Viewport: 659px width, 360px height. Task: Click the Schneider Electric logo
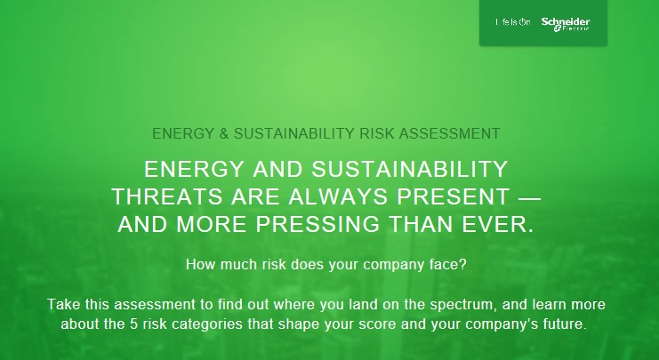[566, 24]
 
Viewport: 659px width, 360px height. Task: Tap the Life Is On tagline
[513, 22]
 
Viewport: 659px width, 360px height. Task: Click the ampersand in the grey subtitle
[222, 133]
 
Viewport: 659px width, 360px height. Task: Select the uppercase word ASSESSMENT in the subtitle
[449, 133]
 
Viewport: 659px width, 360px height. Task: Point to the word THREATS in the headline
[168, 196]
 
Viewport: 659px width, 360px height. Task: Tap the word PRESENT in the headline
[454, 196]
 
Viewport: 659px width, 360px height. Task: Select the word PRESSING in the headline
[317, 224]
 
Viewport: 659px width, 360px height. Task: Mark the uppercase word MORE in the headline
[211, 224]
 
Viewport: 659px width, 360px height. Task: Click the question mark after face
[462, 265]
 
